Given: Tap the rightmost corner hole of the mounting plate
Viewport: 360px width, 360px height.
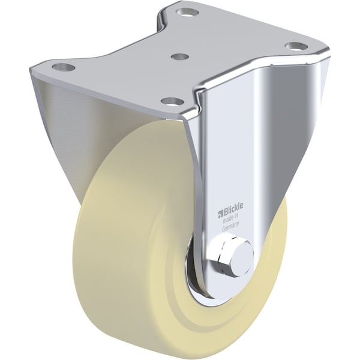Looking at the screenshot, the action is click(x=296, y=46).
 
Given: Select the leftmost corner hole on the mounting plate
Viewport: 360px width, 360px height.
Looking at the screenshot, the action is click(x=64, y=67).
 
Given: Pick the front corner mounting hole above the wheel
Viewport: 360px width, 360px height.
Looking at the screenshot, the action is click(x=172, y=101).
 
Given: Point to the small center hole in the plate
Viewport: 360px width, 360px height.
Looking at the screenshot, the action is click(x=180, y=56).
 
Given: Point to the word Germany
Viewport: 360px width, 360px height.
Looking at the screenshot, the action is click(x=230, y=226).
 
